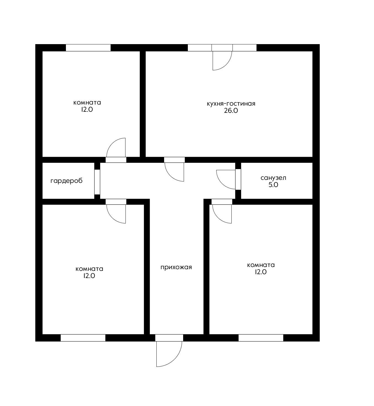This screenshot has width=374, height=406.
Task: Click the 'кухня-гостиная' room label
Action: [x=231, y=104]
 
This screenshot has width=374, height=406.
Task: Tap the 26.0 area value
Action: [x=231, y=111]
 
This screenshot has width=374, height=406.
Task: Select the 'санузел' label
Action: [x=273, y=178]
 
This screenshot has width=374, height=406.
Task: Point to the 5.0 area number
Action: [x=273, y=185]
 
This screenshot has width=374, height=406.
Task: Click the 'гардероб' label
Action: [x=66, y=181]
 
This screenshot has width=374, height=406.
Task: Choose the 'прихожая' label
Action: [x=176, y=268]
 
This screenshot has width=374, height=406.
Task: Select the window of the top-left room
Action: [x=88, y=48]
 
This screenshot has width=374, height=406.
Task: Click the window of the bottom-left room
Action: [x=83, y=338]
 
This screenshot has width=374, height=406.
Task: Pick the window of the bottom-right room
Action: [x=261, y=338]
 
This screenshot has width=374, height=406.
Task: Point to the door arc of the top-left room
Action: [x=112, y=143]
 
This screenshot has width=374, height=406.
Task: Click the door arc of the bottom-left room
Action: [x=112, y=218]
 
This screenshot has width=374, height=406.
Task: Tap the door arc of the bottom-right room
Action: [x=218, y=218]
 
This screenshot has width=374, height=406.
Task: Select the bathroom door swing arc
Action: [x=222, y=184]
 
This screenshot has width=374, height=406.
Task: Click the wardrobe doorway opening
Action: [x=97, y=182]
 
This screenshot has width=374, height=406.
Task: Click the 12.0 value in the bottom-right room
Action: [x=261, y=272]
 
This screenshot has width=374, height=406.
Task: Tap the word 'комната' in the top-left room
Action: [x=87, y=103]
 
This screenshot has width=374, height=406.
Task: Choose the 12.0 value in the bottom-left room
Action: [x=89, y=276]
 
